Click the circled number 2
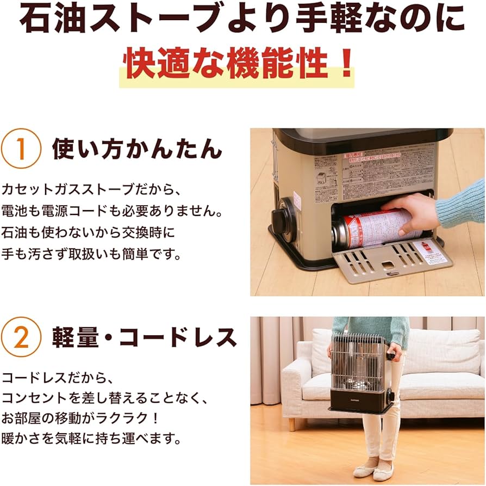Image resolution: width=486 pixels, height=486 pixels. [x=21, y=338]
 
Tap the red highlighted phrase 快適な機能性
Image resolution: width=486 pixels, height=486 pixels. [x=228, y=65]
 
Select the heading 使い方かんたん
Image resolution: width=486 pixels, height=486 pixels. [x=137, y=149]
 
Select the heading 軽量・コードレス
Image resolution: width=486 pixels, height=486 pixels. [x=144, y=338]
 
